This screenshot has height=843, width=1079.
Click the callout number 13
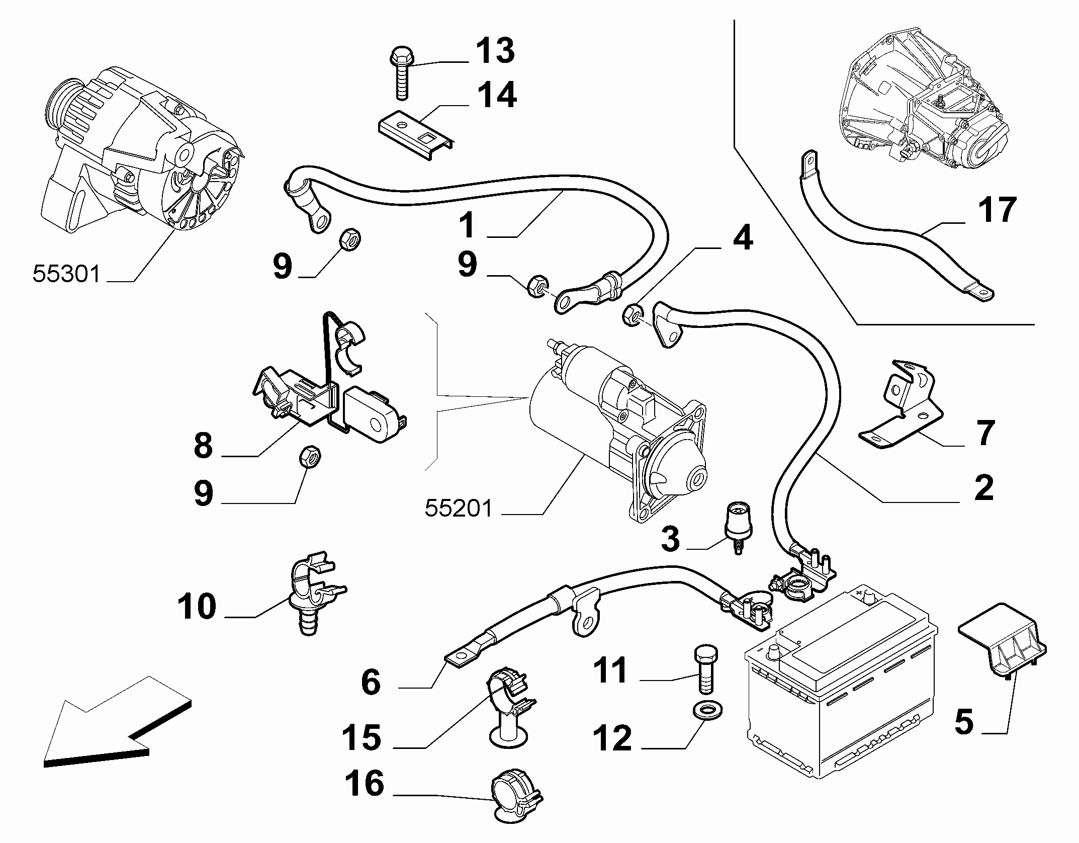[x=495, y=50]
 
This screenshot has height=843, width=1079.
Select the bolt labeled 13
[x=400, y=72]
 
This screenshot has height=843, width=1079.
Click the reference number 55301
[x=67, y=275]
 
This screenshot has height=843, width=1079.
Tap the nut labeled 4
[x=632, y=315]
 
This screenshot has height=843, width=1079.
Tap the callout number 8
[x=203, y=445]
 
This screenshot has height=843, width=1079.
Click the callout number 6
[x=371, y=682]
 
